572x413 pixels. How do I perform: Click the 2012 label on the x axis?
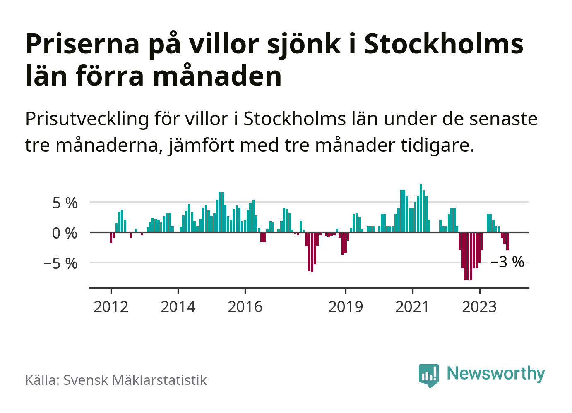tap(111, 307)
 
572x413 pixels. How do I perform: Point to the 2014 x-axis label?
tap(178, 307)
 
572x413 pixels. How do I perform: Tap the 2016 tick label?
tap(245, 307)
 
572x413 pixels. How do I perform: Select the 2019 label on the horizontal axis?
tap(346, 307)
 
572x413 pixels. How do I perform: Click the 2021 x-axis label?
tap(413, 307)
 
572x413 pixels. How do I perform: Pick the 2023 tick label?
tap(479, 307)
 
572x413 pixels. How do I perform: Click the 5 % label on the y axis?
tap(65, 203)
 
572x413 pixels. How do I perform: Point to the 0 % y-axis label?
tap(65, 233)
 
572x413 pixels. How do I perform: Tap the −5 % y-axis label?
tap(60, 263)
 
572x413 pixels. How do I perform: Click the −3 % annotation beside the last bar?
tap(507, 262)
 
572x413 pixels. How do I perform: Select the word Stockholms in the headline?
tap(444, 44)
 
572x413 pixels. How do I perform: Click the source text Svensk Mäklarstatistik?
tap(135, 380)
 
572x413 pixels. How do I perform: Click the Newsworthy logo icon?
tap(429, 375)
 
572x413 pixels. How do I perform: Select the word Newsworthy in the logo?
tap(496, 373)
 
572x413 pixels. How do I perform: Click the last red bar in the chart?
tap(507, 241)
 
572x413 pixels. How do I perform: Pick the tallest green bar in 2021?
tap(421, 208)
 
